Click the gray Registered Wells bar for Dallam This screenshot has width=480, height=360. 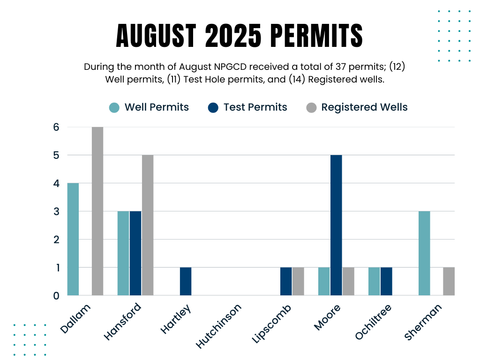tap(97, 211)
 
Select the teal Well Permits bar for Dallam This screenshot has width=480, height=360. tap(73, 239)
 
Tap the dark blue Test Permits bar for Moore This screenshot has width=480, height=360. tap(336, 225)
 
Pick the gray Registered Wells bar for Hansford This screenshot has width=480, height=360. tap(147, 225)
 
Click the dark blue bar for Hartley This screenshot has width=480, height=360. tap(186, 281)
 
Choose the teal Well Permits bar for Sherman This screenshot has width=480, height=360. tap(424, 253)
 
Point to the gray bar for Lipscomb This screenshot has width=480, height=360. tap(298, 281)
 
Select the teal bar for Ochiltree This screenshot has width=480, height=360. tap(374, 281)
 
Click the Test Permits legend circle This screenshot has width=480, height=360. tap(213, 107)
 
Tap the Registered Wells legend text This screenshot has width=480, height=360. tap(364, 107)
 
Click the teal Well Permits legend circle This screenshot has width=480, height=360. tap(114, 107)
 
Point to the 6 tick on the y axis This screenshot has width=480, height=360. tap(56, 127)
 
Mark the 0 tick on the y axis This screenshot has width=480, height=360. tap(56, 296)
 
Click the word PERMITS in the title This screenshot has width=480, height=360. tap(317, 35)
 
